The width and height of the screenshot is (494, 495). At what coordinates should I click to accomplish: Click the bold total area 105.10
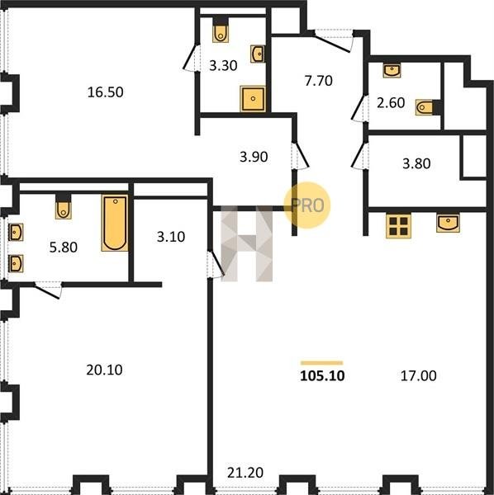point(322,376)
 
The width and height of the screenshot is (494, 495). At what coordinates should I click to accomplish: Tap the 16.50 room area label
point(105,92)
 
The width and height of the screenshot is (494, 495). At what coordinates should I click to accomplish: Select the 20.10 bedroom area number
point(104,370)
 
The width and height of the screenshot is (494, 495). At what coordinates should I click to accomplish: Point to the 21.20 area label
point(245,473)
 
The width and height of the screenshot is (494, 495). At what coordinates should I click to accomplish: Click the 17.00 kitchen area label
point(419,376)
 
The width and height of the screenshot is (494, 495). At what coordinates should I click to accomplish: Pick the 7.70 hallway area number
point(319,81)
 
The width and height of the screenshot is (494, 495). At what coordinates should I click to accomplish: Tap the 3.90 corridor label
point(254,157)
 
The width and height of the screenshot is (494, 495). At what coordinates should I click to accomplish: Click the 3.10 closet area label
point(171,237)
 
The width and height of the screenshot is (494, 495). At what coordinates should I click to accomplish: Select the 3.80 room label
point(416,163)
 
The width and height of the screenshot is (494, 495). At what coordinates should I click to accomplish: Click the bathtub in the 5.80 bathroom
point(115,223)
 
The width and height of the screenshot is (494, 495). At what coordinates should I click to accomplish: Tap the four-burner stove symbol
point(398,226)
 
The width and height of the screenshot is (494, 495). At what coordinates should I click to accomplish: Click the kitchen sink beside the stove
point(449,224)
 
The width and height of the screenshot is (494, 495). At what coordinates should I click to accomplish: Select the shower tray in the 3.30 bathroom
point(253,98)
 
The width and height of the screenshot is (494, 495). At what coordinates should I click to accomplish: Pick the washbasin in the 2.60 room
point(392,70)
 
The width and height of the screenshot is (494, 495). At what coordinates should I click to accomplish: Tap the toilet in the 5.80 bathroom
point(64,206)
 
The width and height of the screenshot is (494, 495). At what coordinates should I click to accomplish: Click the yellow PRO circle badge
point(307,205)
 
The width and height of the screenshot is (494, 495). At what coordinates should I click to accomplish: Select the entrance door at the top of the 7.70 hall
point(332,40)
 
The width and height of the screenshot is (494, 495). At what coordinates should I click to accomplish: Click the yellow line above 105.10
point(322,363)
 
